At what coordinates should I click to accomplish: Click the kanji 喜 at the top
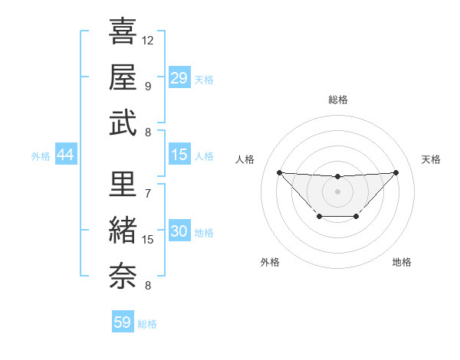(123, 31)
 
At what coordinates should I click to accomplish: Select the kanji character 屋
(123, 77)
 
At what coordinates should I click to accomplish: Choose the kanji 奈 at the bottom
(123, 273)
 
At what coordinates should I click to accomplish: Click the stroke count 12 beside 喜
(148, 40)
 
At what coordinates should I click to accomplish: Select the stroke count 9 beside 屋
(147, 86)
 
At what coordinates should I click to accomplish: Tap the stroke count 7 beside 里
(147, 193)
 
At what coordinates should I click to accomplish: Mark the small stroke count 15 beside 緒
(148, 239)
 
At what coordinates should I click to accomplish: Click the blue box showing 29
(179, 77)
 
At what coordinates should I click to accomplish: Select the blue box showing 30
(179, 232)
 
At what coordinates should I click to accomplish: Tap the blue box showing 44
(65, 155)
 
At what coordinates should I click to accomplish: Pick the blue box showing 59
(123, 322)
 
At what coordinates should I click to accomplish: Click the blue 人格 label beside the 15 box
(204, 156)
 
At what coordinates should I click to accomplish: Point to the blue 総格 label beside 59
(147, 324)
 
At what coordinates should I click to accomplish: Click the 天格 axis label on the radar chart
(431, 159)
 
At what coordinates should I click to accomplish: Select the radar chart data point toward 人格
(279, 172)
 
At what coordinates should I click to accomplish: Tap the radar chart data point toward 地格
(356, 217)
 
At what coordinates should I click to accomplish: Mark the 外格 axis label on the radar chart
(270, 262)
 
